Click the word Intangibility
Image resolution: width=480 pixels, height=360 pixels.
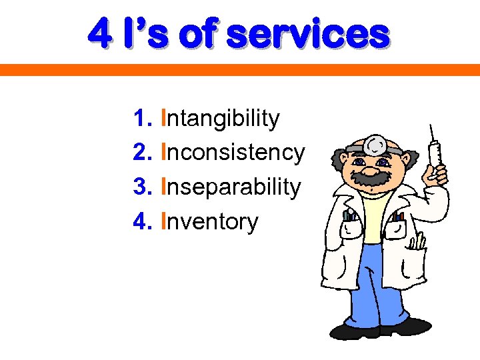click(221, 119)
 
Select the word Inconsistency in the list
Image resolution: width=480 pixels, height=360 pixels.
click(233, 153)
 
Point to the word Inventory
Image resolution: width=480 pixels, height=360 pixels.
click(209, 221)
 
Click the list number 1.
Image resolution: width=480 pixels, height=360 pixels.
click(141, 119)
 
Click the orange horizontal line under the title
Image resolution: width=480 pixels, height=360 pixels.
click(240, 69)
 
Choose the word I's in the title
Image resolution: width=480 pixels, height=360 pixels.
click(147, 33)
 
